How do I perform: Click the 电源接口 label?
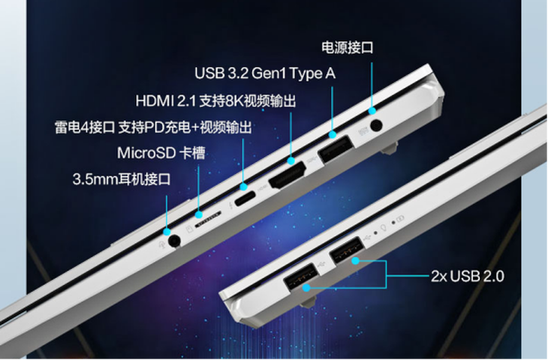(x=348, y=47)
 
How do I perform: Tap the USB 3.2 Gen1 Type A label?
(x=265, y=73)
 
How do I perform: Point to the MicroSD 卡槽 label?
(x=161, y=153)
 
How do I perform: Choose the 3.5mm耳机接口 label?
(x=122, y=179)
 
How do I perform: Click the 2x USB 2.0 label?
(x=467, y=276)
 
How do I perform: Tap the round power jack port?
(x=375, y=125)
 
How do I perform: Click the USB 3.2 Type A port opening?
(x=335, y=148)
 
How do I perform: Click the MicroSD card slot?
(x=208, y=219)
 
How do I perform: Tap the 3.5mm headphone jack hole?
(x=174, y=241)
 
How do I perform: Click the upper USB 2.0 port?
(x=345, y=250)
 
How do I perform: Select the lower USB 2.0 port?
(x=300, y=277)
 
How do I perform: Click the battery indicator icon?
(x=401, y=218)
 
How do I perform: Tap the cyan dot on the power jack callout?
(x=372, y=111)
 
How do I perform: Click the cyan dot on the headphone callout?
(x=167, y=231)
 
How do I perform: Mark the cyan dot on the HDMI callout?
(x=291, y=161)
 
